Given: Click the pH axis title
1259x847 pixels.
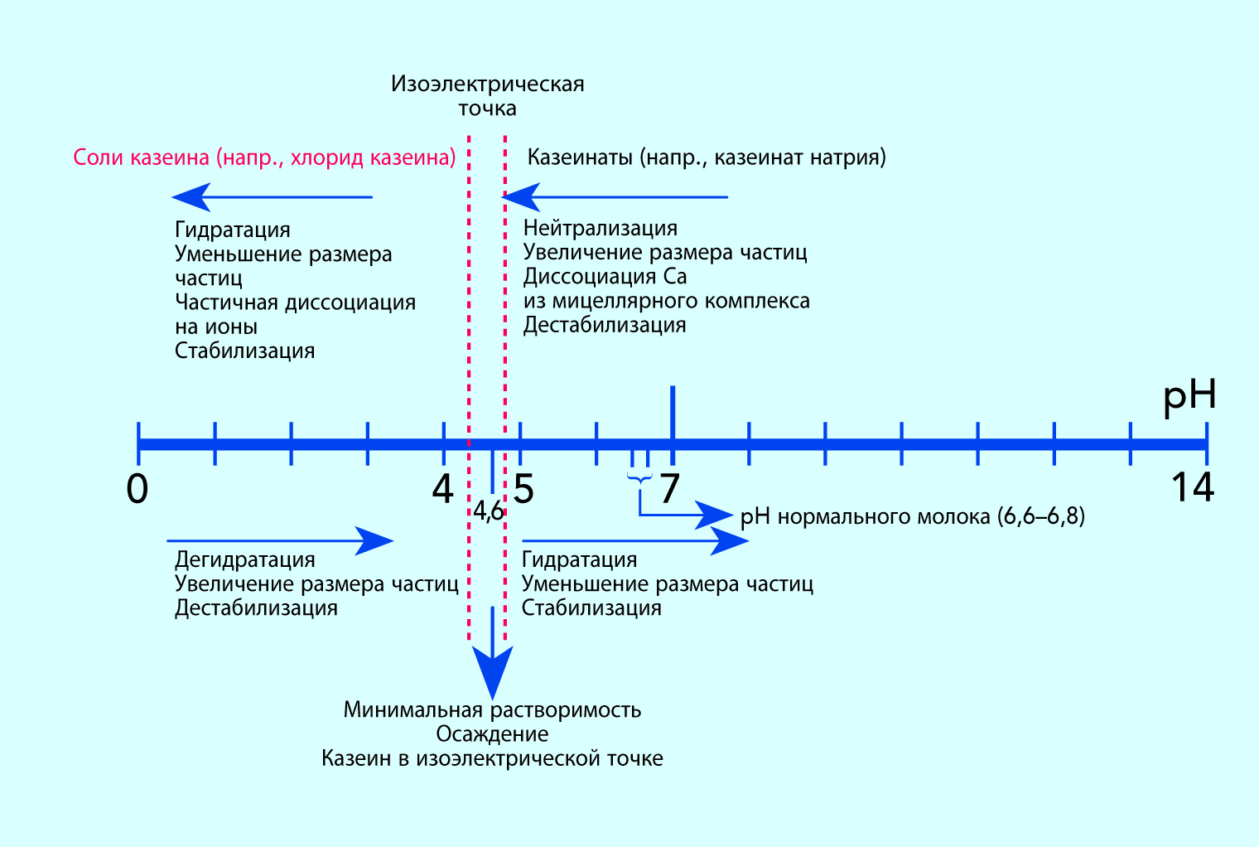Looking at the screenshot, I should (1189, 396).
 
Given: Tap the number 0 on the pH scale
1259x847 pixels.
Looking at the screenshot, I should (137, 489).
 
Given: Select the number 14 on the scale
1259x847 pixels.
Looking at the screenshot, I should (1192, 487).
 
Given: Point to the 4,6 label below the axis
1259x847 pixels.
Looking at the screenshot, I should (489, 511).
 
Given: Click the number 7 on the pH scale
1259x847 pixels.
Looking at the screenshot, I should (669, 489).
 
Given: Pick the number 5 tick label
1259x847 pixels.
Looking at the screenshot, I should (523, 489).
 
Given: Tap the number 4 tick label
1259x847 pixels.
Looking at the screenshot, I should (443, 489).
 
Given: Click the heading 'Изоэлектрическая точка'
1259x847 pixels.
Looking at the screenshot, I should (488, 95).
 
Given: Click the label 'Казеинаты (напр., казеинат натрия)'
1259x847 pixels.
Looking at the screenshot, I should (707, 157).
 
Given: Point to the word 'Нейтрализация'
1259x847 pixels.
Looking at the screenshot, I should (601, 228).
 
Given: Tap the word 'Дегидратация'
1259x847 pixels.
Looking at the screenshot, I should (245, 559).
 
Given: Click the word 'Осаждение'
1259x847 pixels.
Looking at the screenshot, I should (492, 734).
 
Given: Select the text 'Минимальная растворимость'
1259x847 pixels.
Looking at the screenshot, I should (492, 710).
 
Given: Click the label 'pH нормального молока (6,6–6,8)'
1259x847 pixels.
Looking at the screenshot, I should (912, 517).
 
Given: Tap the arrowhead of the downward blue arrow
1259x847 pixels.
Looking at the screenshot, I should (493, 671).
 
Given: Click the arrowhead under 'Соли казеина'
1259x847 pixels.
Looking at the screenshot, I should (191, 197).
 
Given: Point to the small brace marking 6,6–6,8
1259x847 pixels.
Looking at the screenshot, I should (639, 477).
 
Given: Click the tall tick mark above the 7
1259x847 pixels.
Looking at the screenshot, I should (673, 410).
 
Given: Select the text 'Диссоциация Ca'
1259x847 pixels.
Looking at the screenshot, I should (605, 276).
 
